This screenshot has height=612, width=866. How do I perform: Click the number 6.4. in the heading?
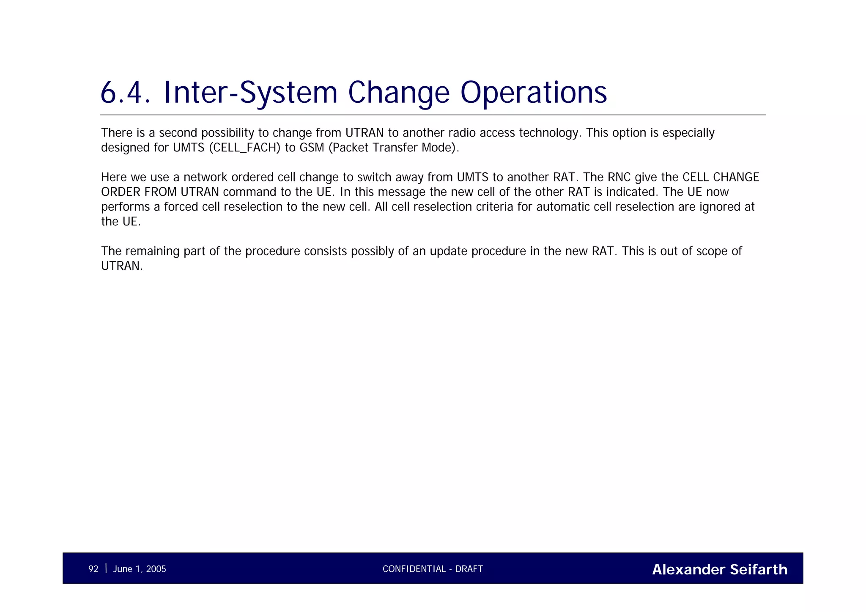tap(125, 93)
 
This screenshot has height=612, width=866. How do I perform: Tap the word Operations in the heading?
tap(533, 93)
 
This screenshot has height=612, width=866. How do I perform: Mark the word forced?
tap(181, 207)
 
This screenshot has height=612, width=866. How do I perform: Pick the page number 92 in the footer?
tap(93, 569)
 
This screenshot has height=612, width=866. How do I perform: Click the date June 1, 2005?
tap(140, 569)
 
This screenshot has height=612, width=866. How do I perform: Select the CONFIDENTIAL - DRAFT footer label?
tap(433, 569)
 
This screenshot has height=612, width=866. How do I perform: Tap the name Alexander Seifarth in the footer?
tap(719, 569)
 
